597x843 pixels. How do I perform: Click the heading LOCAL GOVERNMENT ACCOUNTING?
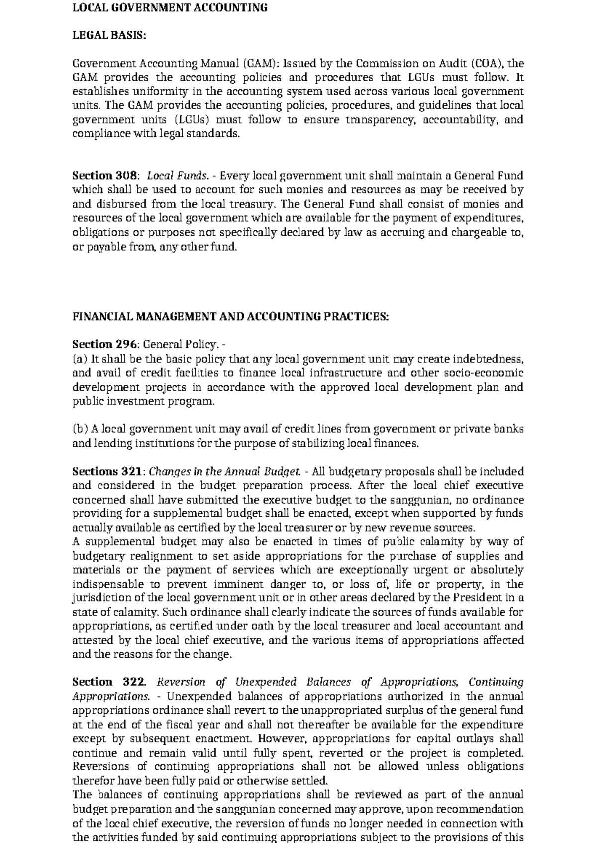pos(170,8)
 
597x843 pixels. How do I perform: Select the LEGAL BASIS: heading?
pos(109,35)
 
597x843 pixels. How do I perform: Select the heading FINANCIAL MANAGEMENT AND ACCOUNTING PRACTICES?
pos(230,317)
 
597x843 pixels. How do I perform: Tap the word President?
pos(478,597)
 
